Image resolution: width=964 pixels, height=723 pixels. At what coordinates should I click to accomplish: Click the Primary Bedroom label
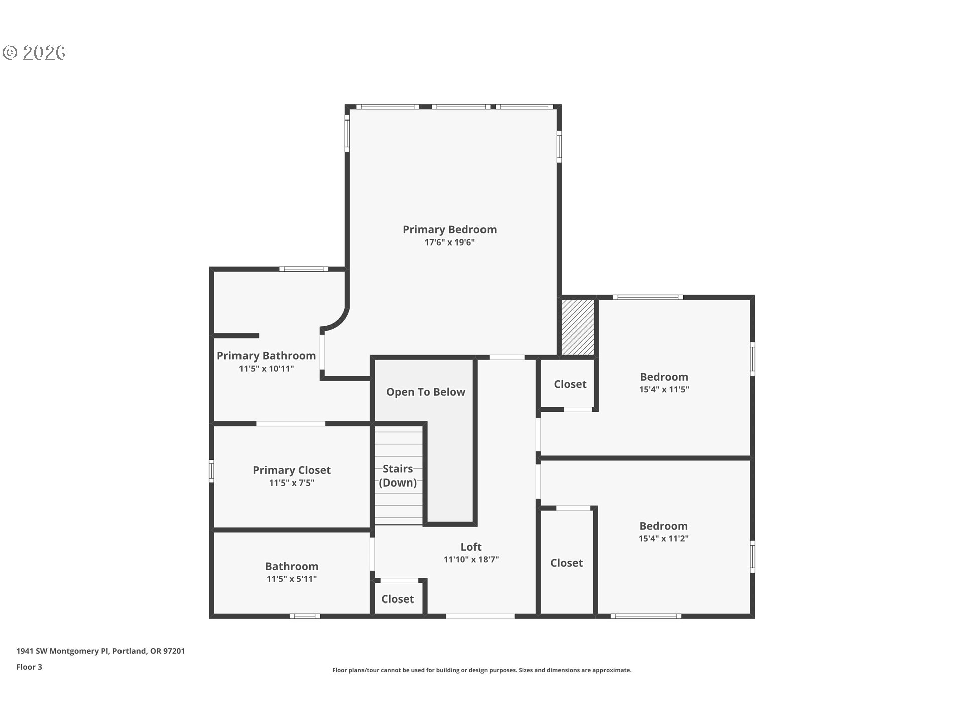tap(449, 230)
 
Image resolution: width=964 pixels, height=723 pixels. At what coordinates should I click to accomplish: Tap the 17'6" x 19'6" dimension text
tap(449, 243)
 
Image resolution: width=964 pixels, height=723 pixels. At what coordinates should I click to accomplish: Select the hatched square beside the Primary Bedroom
tap(577, 327)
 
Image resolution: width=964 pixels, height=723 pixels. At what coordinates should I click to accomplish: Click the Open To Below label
tap(425, 392)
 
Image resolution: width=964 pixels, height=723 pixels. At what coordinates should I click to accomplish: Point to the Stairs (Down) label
tap(398, 476)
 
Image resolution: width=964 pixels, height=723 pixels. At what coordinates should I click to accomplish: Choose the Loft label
tap(471, 547)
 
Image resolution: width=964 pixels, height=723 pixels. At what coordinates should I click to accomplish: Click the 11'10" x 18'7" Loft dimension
tap(471, 559)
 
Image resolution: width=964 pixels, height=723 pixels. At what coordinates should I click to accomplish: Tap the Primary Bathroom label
tap(266, 356)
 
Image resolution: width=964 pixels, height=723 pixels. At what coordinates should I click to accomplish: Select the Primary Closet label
tap(291, 470)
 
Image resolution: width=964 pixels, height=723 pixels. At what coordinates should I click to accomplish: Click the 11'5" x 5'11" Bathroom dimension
tap(291, 579)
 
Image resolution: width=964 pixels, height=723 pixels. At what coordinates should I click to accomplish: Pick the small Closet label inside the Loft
tap(397, 599)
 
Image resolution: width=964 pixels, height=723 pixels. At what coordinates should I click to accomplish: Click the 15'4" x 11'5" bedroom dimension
tap(664, 389)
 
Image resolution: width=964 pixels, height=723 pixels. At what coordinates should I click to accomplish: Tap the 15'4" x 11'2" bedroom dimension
tap(663, 539)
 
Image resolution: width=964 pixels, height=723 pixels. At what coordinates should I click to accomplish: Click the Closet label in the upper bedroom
tap(570, 384)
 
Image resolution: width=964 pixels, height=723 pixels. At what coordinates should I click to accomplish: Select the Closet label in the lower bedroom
tap(566, 563)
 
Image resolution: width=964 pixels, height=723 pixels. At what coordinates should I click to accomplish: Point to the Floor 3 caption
tap(29, 667)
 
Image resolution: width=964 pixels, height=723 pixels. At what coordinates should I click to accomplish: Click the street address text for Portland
tap(100, 651)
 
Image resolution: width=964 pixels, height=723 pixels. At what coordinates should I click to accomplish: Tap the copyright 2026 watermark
tap(34, 52)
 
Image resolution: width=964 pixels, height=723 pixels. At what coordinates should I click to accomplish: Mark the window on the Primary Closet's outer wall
tap(211, 471)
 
